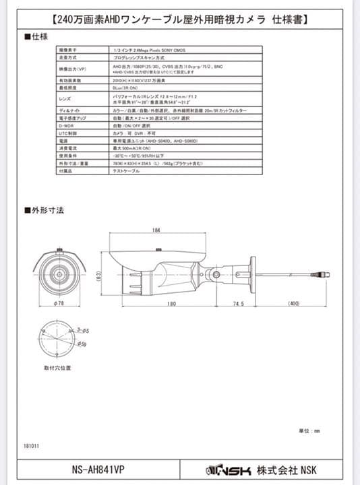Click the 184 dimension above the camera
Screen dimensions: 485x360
click(156, 230)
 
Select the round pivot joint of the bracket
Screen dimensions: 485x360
click(216, 274)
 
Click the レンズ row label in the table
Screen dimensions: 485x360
click(65, 98)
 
